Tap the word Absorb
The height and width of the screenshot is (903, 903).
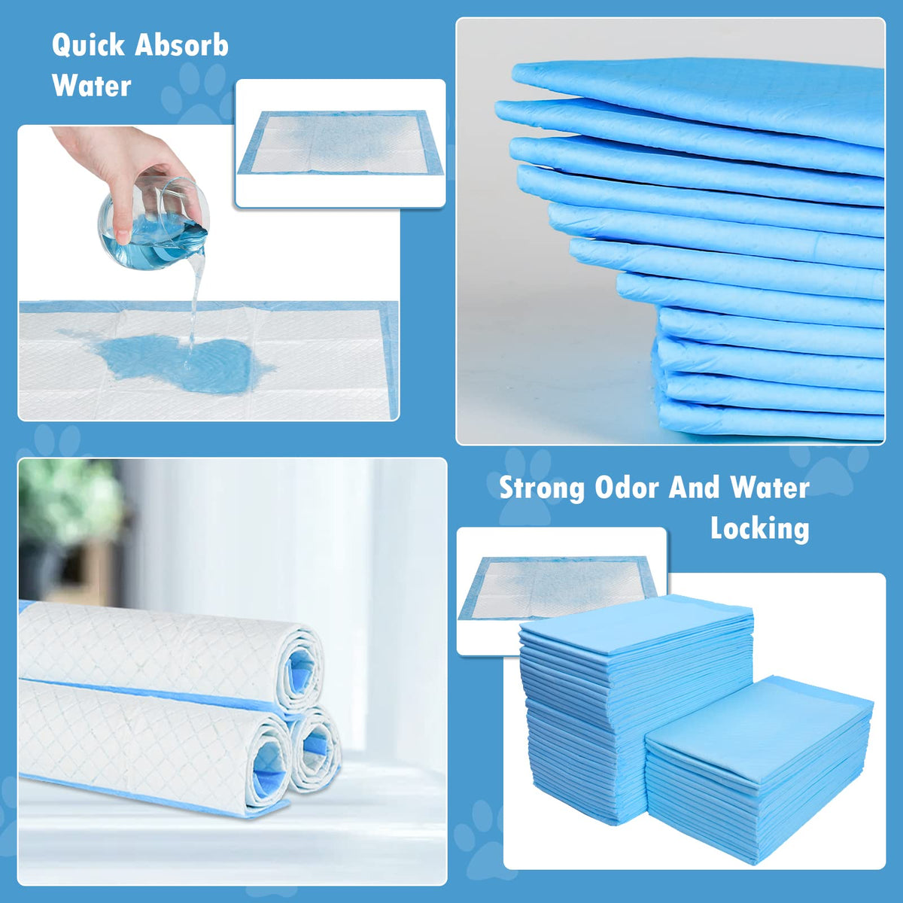pos(182,46)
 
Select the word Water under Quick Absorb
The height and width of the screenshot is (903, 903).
pos(92,86)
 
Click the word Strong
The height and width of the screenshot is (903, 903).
pos(543,488)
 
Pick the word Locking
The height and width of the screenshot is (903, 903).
pos(760,528)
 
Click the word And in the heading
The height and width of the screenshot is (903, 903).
pos(695,488)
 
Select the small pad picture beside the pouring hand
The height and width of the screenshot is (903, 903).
pos(341,143)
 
